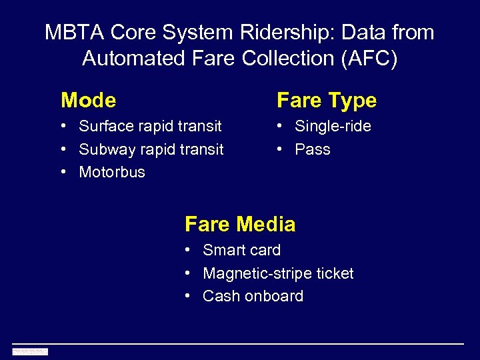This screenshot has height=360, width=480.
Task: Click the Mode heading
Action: click(x=88, y=101)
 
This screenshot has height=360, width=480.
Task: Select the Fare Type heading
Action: click(x=327, y=101)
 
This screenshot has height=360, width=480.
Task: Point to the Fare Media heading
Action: click(x=240, y=224)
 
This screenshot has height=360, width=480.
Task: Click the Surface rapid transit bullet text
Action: click(x=150, y=126)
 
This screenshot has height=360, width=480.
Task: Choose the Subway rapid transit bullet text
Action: click(x=151, y=149)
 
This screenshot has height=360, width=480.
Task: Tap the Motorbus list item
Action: click(x=112, y=172)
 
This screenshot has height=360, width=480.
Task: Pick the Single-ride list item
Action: click(x=333, y=126)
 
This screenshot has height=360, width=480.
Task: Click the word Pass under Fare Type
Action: click(x=313, y=149)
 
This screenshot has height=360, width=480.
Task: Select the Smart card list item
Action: click(x=241, y=250)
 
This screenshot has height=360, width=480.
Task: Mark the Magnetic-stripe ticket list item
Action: click(x=278, y=273)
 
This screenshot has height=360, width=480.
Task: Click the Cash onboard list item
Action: click(x=253, y=296)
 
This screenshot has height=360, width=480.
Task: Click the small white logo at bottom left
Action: click(x=30, y=351)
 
